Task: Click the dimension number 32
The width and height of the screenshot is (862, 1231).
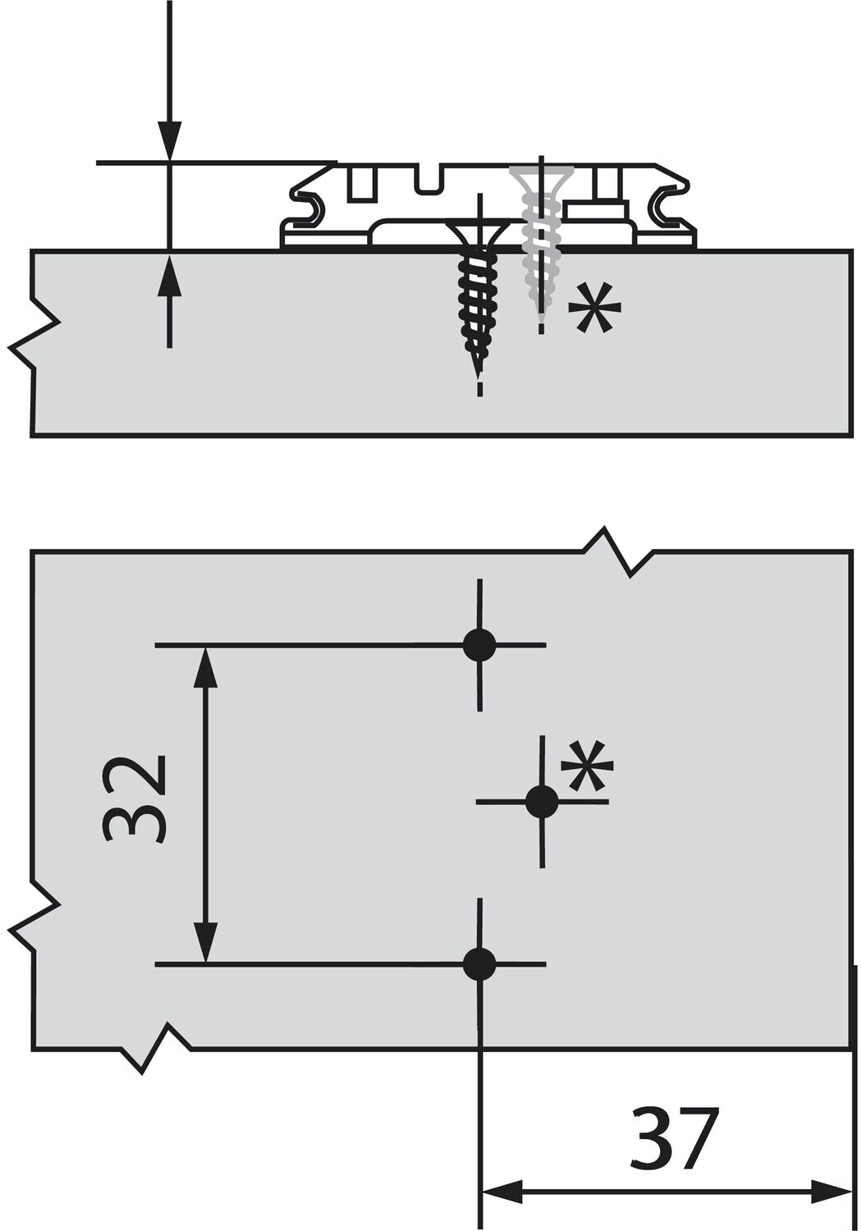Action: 136,799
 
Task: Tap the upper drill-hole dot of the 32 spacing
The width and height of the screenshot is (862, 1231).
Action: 479,645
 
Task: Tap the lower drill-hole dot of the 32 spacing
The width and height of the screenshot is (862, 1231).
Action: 479,963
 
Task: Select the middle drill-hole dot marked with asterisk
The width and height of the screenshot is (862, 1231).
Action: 541,801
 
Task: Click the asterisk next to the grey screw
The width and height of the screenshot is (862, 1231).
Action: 594,308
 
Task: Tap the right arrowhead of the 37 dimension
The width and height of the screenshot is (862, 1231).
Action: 831,1192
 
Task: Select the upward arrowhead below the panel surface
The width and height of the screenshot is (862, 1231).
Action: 169,274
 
